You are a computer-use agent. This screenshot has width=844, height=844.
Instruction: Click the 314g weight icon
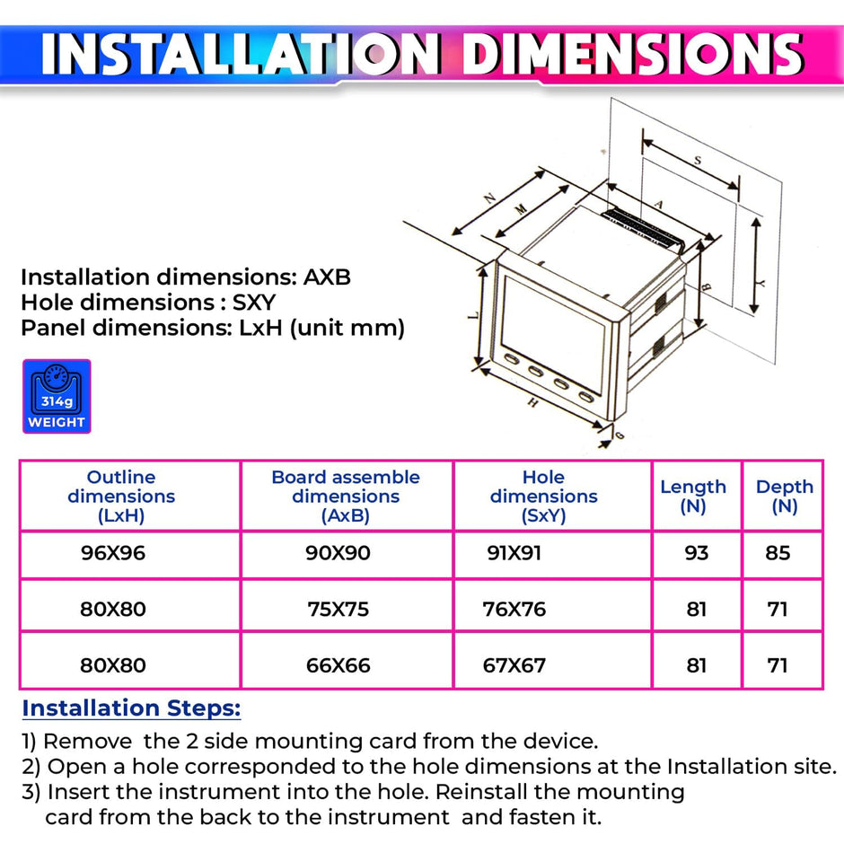tap(57, 397)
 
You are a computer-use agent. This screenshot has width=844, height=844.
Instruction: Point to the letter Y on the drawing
tap(760, 281)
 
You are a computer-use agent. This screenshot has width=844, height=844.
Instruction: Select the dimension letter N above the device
tap(489, 199)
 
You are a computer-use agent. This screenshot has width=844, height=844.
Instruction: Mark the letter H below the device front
tap(532, 403)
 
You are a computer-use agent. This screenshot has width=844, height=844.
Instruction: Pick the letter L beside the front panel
tap(473, 314)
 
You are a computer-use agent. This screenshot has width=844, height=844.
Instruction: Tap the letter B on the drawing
tap(707, 287)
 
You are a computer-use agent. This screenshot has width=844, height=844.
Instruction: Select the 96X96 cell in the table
tap(112, 553)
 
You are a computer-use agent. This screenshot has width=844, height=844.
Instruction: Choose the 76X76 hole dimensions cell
tap(515, 610)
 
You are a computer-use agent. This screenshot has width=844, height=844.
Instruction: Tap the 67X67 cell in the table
tap(515, 666)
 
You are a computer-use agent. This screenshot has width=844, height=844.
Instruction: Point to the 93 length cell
tap(697, 553)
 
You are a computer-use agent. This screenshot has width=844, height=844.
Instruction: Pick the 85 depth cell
tap(778, 553)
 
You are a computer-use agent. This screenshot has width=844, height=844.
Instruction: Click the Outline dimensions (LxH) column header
tap(121, 496)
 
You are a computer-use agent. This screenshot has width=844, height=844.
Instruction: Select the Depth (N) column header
tap(784, 496)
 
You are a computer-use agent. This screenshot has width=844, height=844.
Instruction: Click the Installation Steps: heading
tap(131, 708)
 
